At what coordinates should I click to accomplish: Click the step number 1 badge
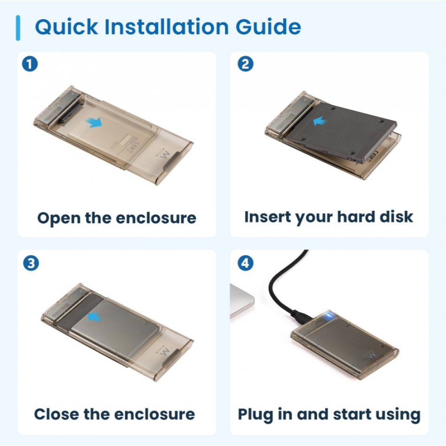30,64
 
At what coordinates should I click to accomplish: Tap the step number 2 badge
245,64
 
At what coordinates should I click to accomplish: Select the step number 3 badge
31,263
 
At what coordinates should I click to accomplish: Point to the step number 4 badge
245,263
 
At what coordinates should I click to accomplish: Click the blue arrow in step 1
93,123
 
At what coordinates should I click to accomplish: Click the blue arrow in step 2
320,121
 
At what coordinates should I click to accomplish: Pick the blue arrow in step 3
94,317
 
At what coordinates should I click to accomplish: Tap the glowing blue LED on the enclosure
330,315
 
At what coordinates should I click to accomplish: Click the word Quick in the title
66,27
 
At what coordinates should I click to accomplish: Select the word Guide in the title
268,27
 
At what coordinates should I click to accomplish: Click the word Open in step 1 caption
59,218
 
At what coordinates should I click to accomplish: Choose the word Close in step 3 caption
57,414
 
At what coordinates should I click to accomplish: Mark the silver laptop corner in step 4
242,300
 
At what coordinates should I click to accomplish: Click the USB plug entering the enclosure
301,316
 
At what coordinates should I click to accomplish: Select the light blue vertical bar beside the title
18,28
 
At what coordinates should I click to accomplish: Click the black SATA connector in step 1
71,112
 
